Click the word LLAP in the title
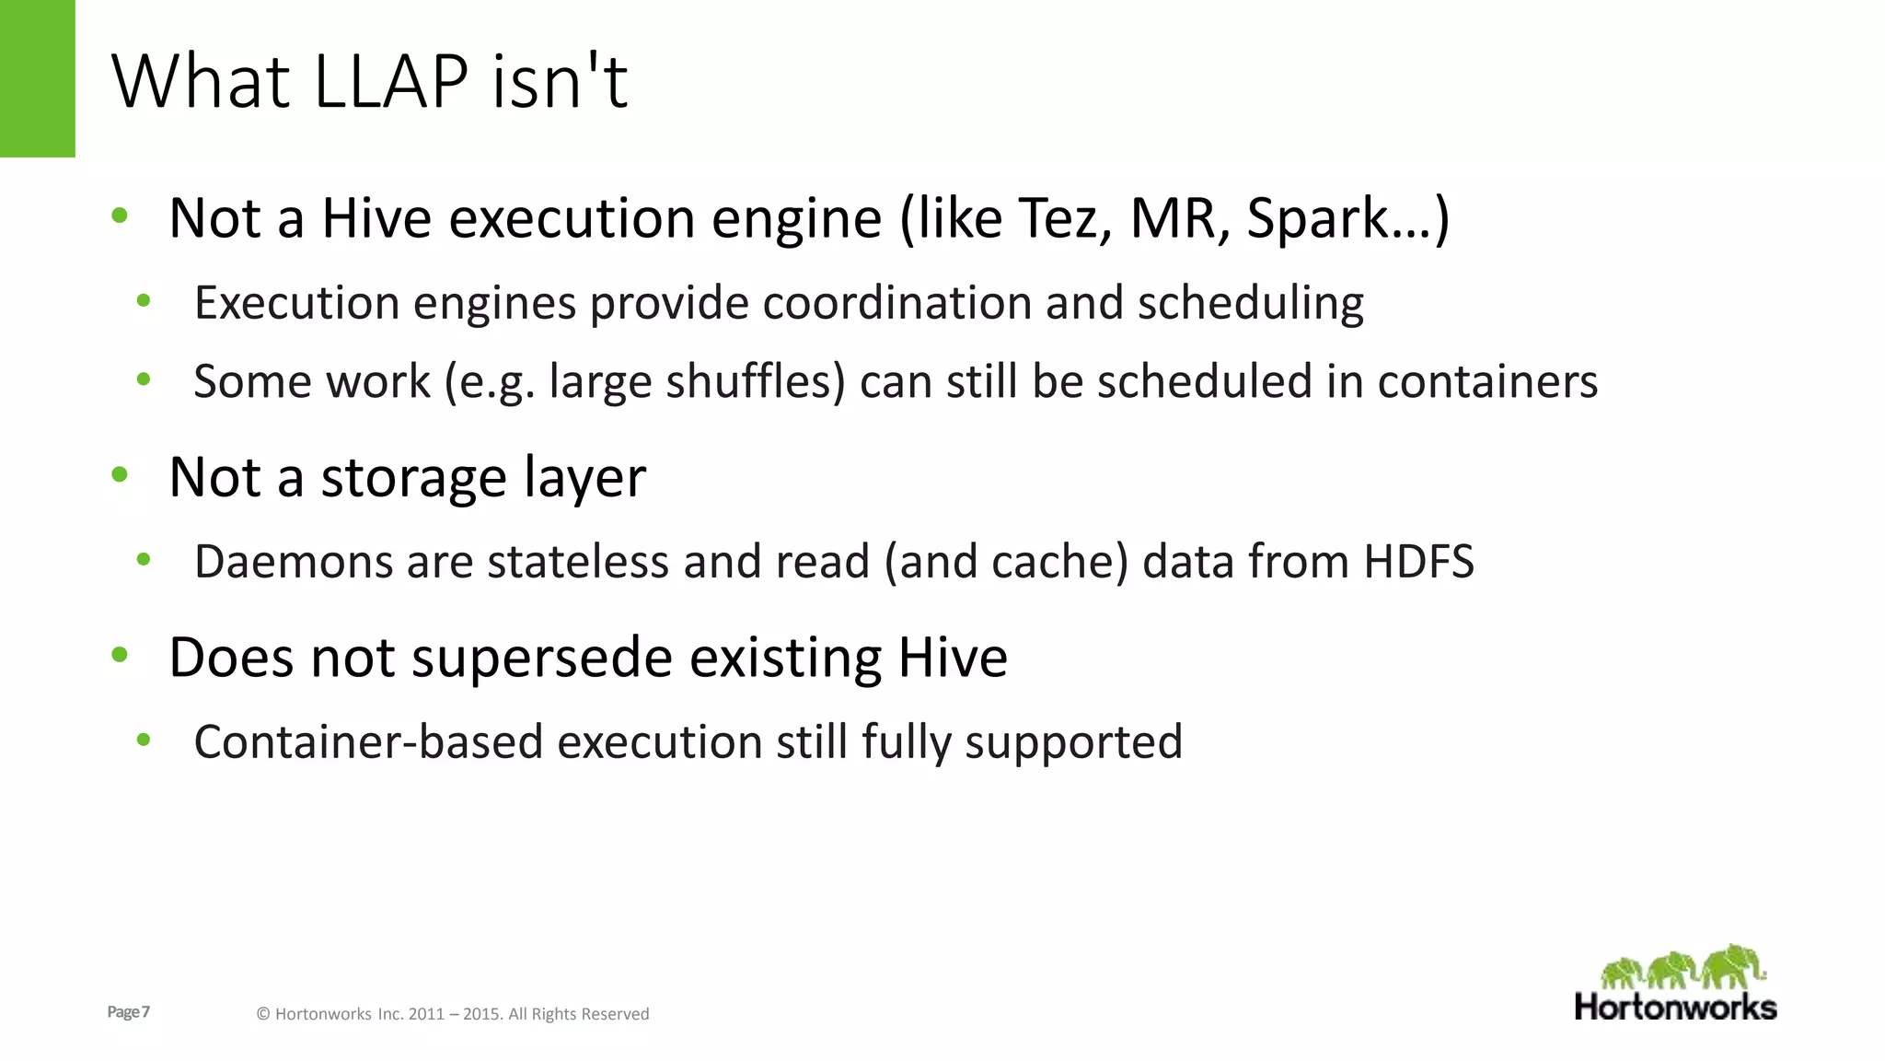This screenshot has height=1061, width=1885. tap(391, 82)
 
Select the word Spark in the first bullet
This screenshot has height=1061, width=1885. tap(1317, 218)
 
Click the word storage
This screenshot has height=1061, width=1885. tap(413, 478)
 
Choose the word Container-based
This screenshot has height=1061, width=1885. tap(368, 742)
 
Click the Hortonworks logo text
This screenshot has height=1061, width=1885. tap(1675, 1007)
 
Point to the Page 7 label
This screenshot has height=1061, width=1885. tap(128, 1012)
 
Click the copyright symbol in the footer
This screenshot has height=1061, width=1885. tap(262, 1014)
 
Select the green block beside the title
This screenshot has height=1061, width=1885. tap(37, 78)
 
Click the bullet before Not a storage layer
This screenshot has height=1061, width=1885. tap(120, 475)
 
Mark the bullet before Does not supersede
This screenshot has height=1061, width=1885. tap(120, 656)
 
